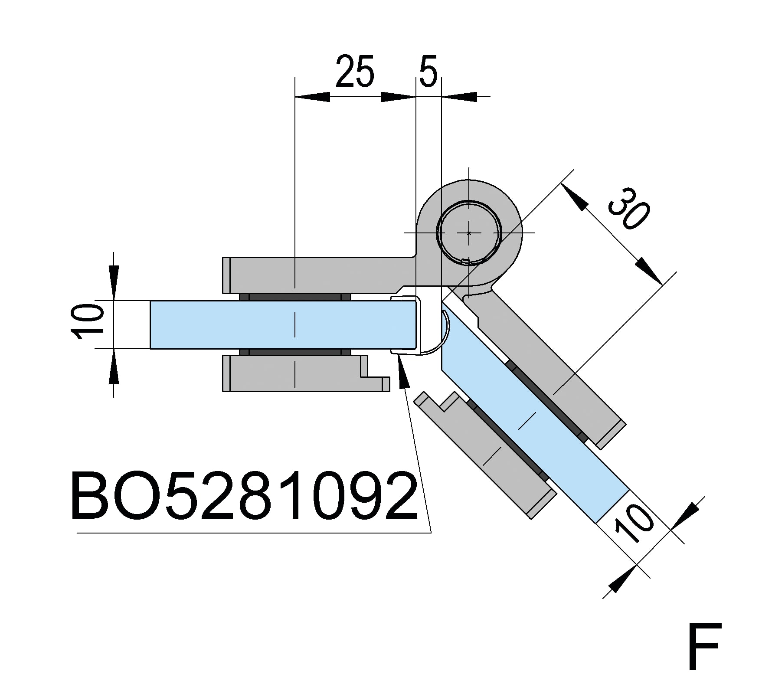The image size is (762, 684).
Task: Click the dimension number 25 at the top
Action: (x=354, y=72)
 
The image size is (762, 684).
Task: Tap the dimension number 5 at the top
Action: (x=428, y=71)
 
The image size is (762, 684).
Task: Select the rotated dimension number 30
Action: (x=629, y=209)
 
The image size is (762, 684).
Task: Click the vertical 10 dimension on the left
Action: (x=88, y=322)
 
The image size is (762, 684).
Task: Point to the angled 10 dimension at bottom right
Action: (x=634, y=525)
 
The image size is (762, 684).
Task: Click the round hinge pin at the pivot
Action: (x=469, y=232)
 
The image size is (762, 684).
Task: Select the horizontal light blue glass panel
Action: (x=282, y=324)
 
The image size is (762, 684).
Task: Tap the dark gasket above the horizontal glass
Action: (x=295, y=297)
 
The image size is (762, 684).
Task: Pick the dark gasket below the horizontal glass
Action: (x=295, y=352)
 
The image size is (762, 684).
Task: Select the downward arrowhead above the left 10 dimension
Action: (x=114, y=282)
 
